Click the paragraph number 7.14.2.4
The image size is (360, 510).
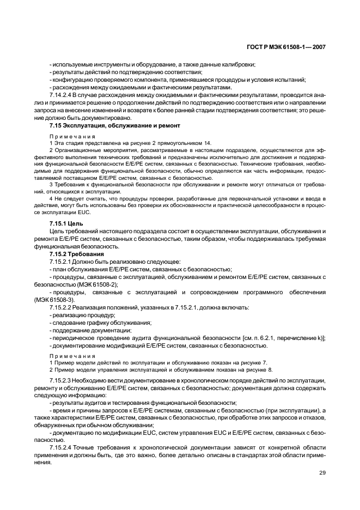coord(62,95)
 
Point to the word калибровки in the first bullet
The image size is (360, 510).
coord(236,65)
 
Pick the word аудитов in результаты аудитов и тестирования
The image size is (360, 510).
coord(89,403)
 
